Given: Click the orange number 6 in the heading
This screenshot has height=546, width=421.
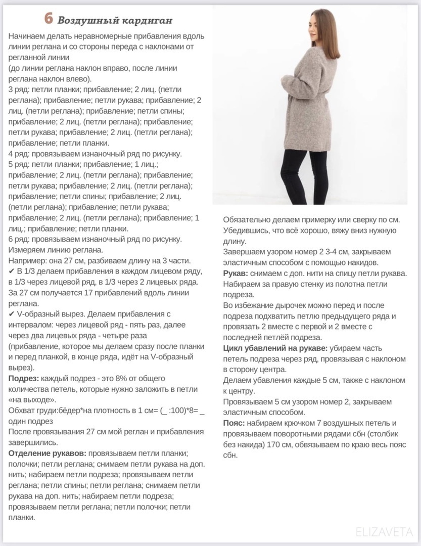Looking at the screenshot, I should (49, 19).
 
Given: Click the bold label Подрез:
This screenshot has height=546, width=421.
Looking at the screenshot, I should (24, 378).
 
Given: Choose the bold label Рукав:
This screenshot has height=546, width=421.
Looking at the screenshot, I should (236, 273).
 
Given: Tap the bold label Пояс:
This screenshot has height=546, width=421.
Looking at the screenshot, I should (234, 423).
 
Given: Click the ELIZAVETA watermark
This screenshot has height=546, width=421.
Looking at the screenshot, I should (384, 532).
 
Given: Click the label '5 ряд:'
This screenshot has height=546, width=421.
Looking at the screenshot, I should (19, 164).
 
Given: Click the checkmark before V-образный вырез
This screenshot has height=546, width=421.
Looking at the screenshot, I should (12, 314).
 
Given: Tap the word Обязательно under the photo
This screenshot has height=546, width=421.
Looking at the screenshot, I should (251, 219).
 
